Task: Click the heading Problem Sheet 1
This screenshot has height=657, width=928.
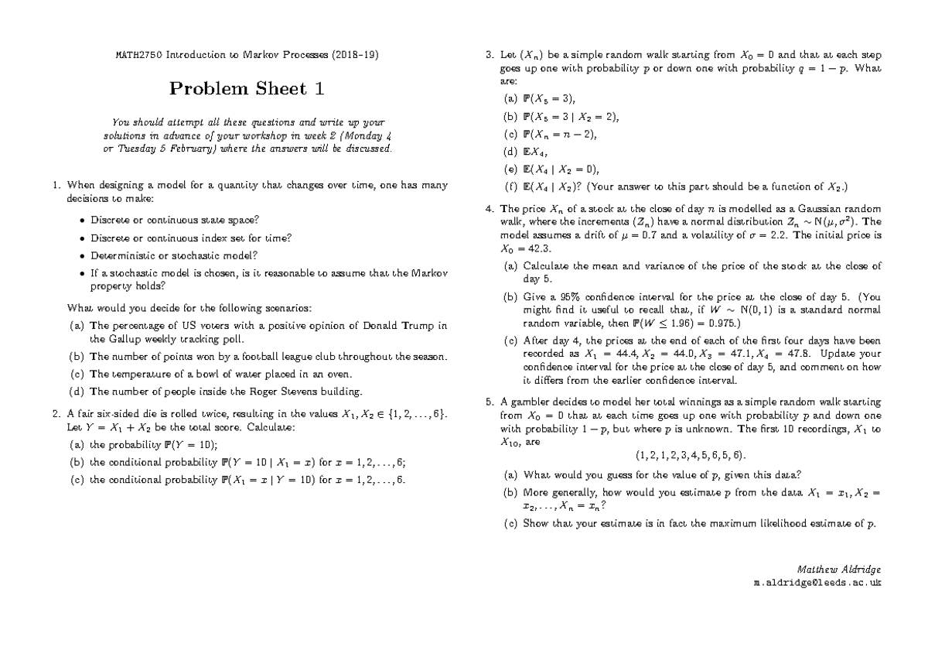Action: [247, 89]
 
